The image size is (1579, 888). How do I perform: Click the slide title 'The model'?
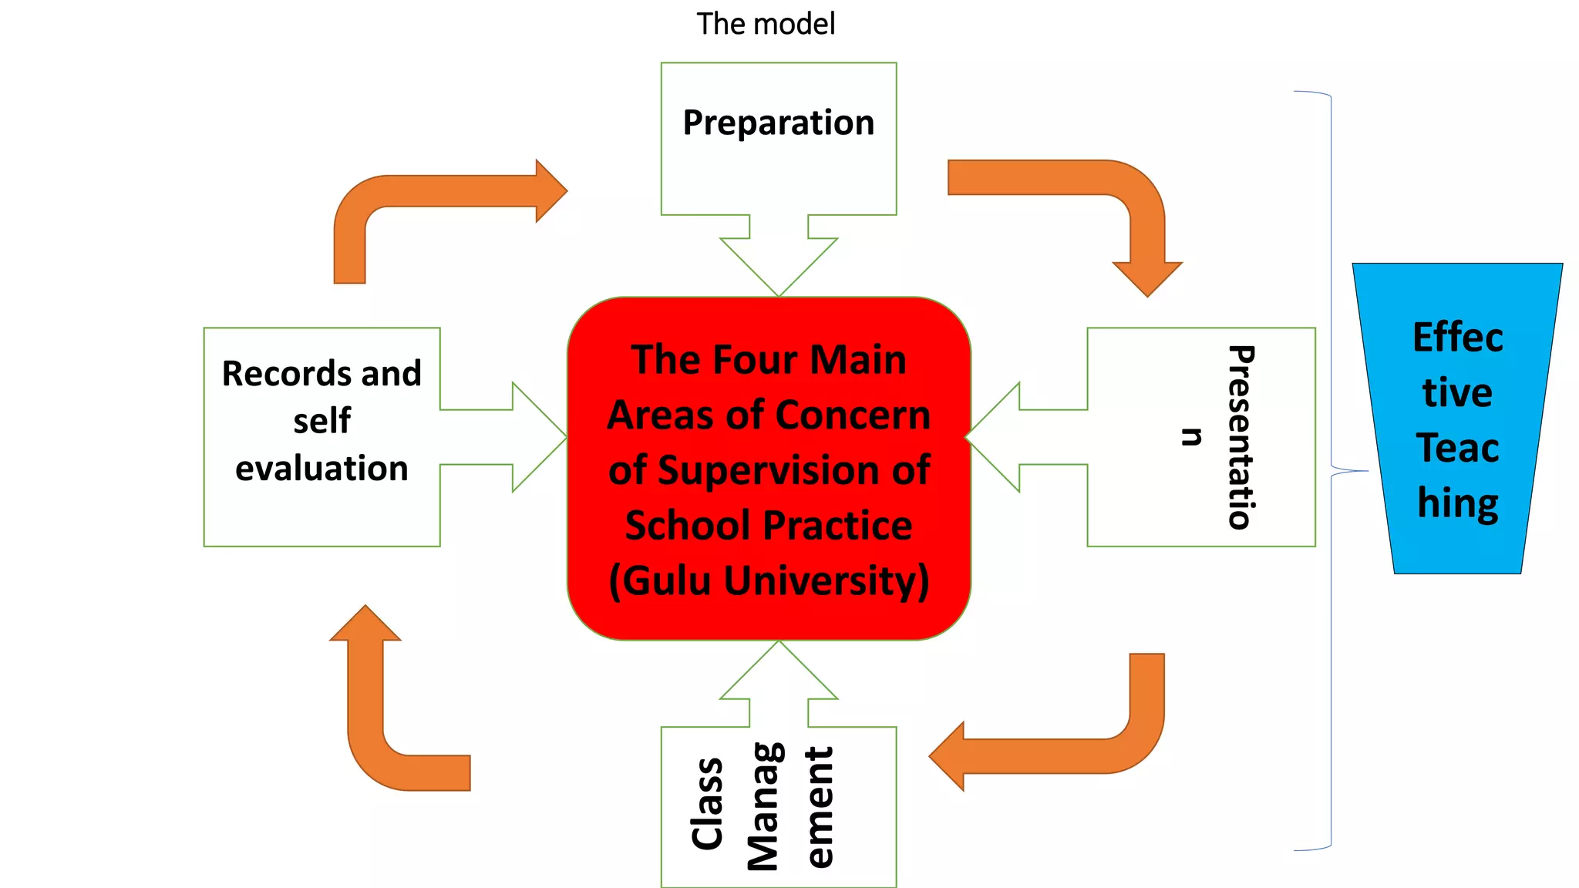pyautogui.click(x=766, y=24)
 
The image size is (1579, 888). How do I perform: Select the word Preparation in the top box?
pyautogui.click(x=779, y=123)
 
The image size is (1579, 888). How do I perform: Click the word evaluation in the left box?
pyautogui.click(x=322, y=469)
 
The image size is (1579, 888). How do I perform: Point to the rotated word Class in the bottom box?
pyautogui.click(x=708, y=803)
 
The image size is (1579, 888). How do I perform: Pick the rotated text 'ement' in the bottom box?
pyautogui.click(x=820, y=806)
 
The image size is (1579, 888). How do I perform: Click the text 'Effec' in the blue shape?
pyautogui.click(x=1457, y=338)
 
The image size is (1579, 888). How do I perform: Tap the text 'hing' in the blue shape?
pyautogui.click(x=1457, y=503)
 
